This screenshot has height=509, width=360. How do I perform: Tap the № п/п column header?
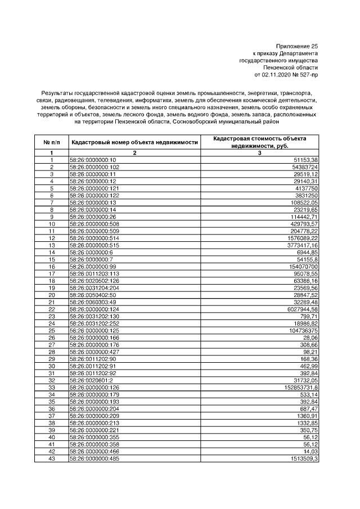click(51, 142)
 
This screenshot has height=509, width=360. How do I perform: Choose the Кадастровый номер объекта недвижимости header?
click(134, 142)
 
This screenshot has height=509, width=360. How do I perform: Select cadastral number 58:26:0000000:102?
click(94, 167)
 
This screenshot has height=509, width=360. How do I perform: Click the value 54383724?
click(305, 167)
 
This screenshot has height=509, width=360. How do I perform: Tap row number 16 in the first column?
click(51, 265)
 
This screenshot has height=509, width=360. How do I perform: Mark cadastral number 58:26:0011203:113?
click(94, 272)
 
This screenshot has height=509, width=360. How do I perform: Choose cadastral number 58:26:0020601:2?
click(92, 381)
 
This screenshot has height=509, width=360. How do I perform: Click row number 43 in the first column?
click(51, 458)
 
